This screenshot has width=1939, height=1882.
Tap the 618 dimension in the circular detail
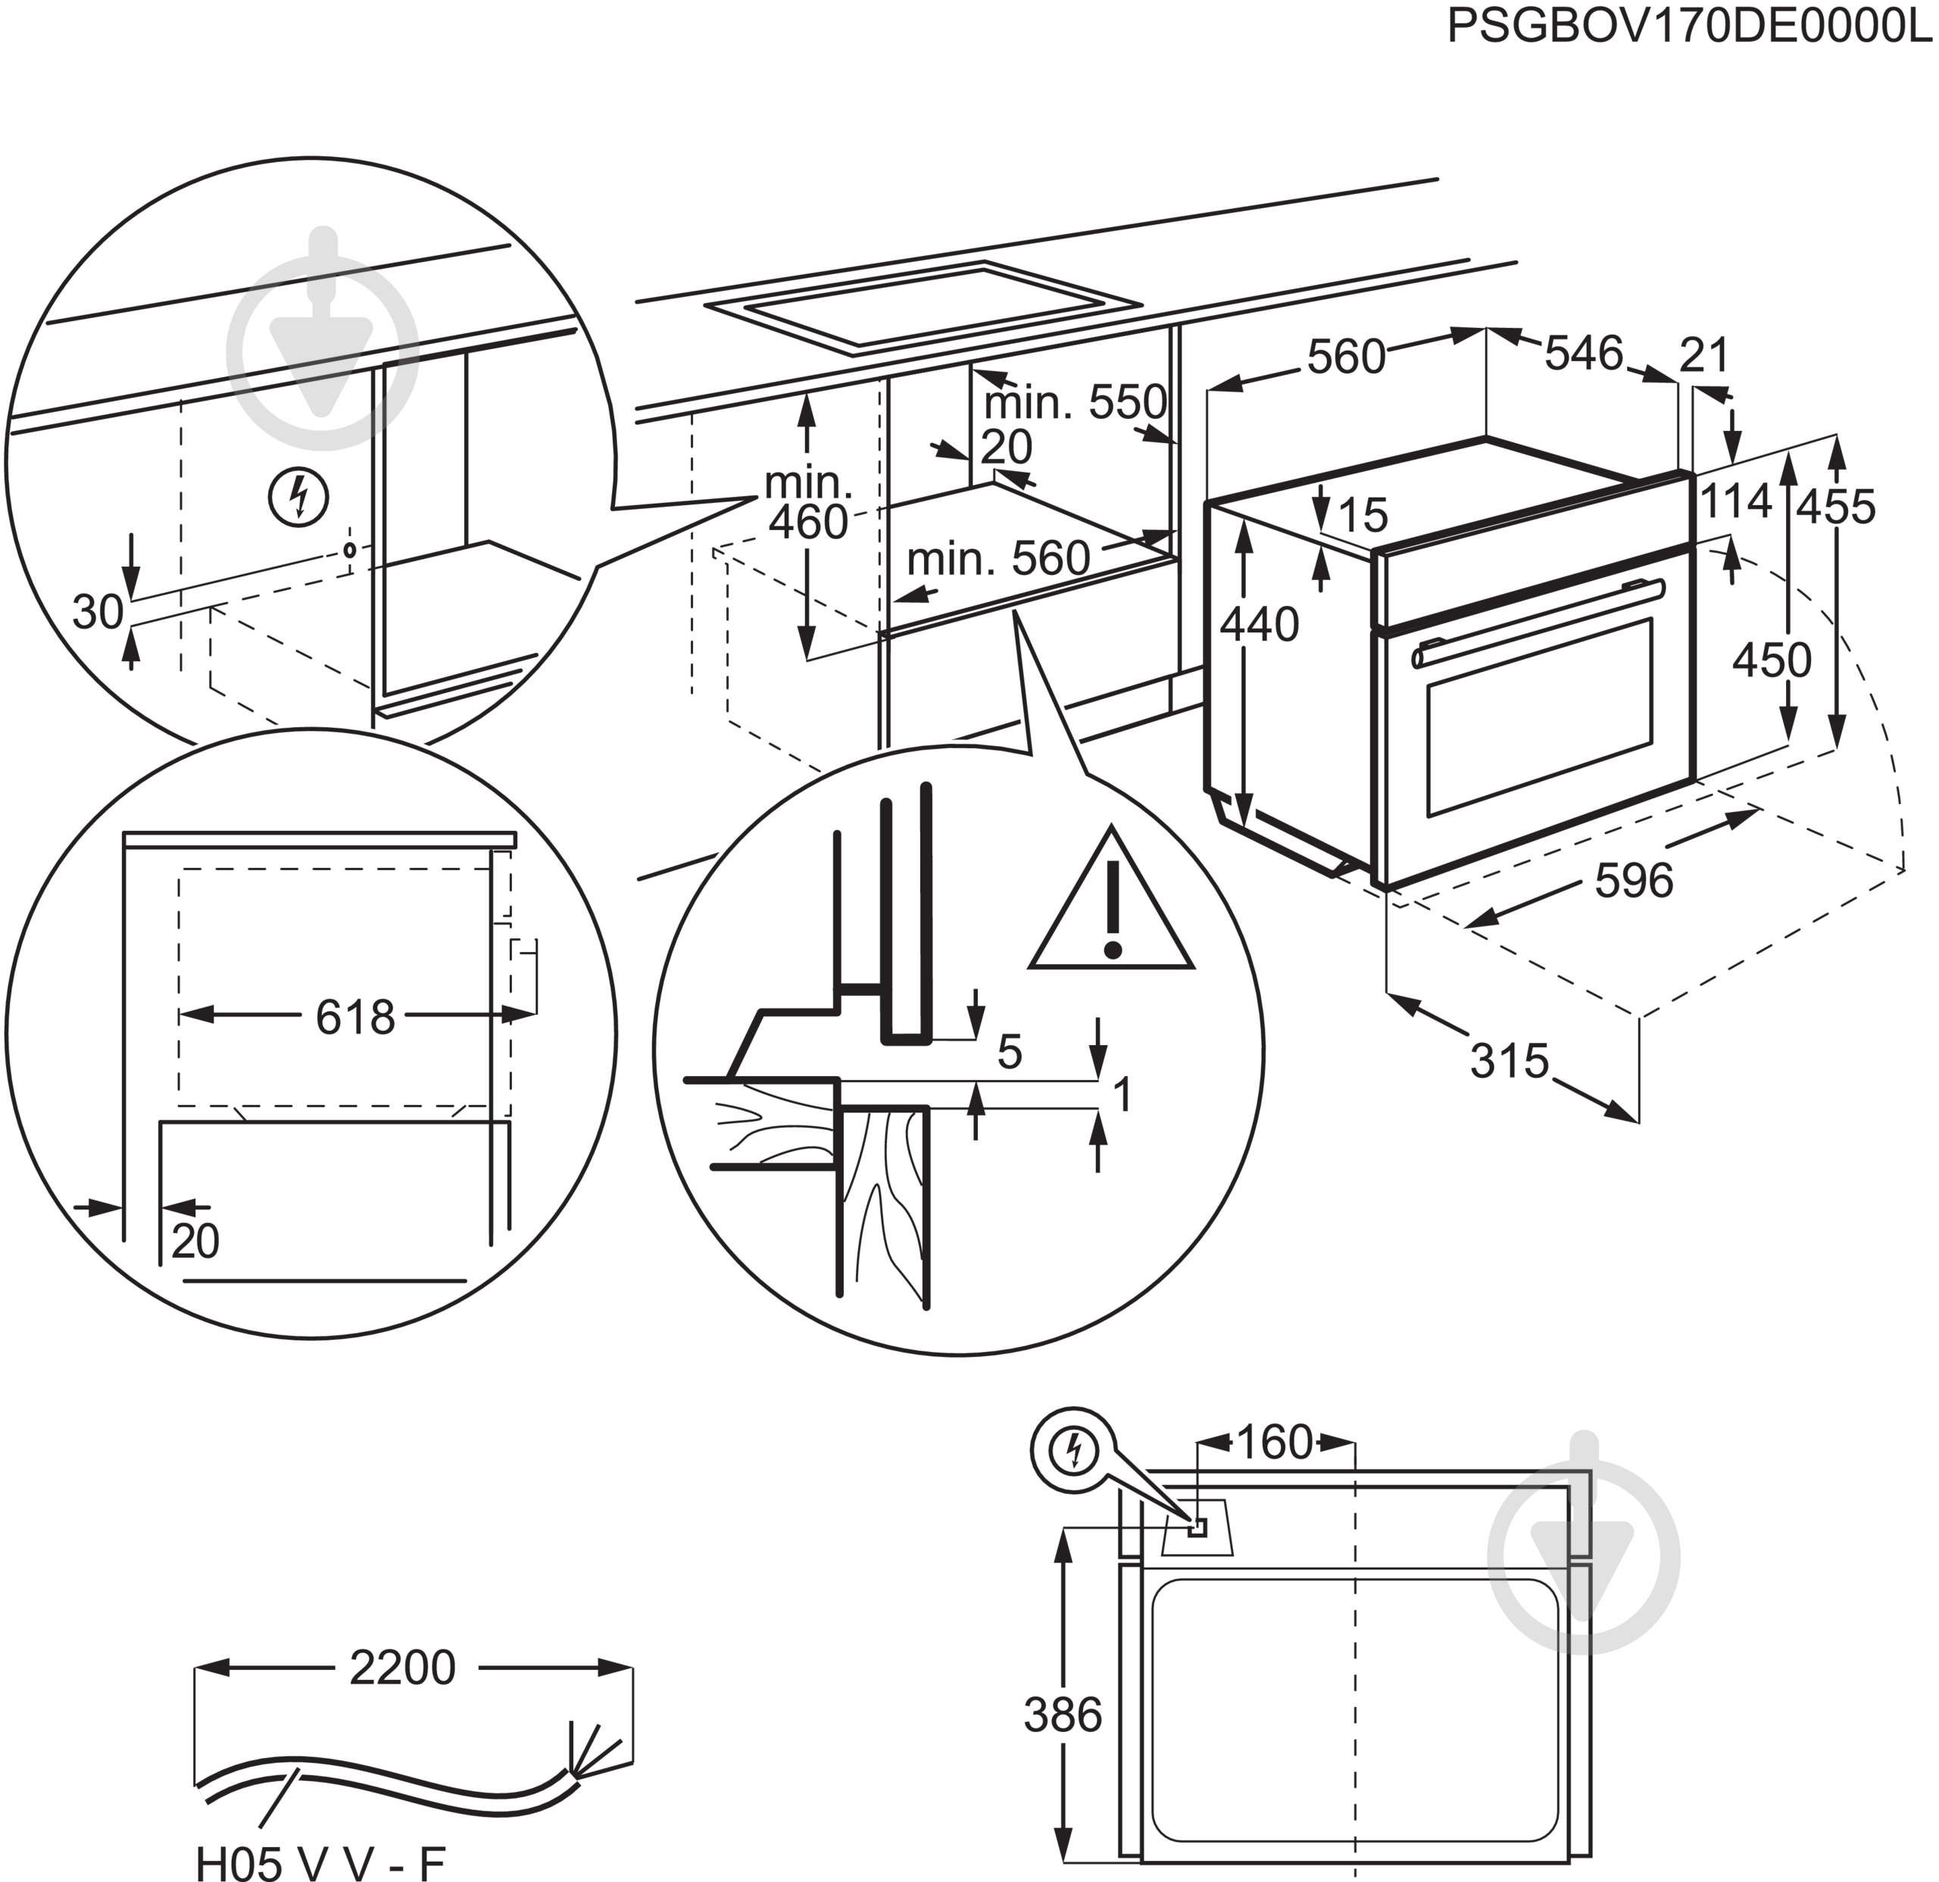click(355, 1016)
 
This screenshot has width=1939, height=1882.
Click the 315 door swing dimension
click(1509, 1061)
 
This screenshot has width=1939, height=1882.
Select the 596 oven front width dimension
click(1633, 880)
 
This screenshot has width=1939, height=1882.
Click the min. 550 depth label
click(1074, 402)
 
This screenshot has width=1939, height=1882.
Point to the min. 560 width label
click(998, 560)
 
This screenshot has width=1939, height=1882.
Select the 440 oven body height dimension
click(1258, 625)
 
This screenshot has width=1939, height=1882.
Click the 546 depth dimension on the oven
click(1584, 353)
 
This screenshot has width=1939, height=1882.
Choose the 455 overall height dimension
click(1836, 507)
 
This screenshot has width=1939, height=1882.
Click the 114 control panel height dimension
click(1735, 501)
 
